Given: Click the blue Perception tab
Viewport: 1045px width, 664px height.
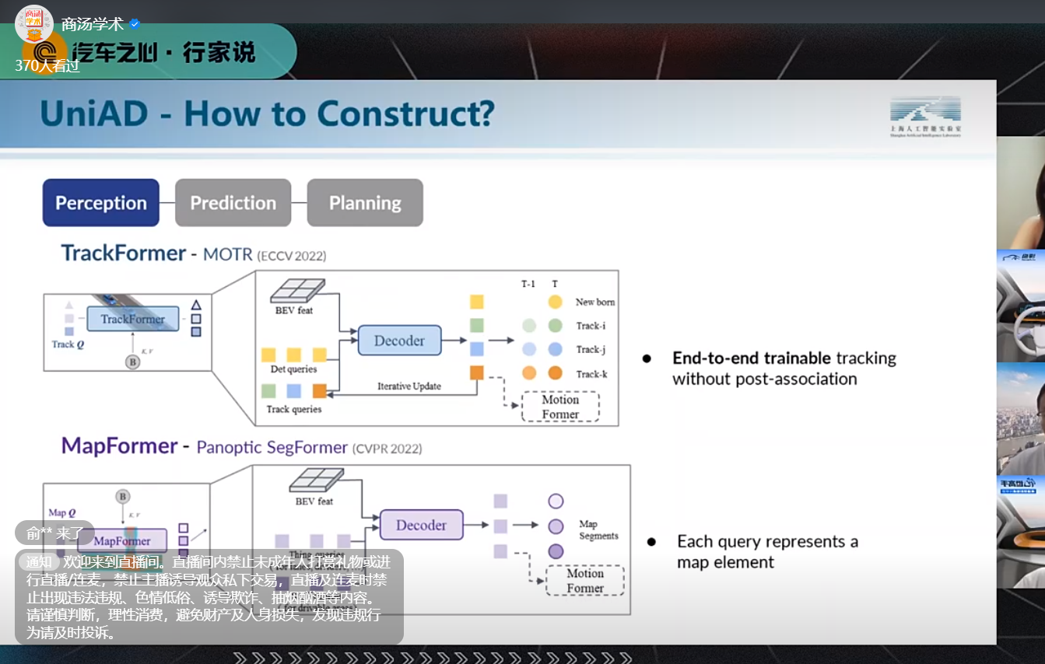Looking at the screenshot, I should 100,203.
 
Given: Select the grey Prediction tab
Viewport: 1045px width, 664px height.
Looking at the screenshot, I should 233,203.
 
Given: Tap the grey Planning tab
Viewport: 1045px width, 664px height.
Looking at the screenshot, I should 365,203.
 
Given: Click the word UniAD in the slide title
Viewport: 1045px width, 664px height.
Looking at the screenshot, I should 94,114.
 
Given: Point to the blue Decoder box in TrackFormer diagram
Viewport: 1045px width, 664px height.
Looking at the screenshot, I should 399,341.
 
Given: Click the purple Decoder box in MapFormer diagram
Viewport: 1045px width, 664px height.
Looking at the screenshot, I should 421,525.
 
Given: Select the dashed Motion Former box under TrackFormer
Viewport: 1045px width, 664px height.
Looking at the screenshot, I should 559,407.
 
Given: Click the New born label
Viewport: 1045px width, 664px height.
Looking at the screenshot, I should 594,302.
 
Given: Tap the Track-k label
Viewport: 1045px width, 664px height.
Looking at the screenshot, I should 591,374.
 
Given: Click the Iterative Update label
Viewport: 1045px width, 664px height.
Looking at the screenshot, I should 409,386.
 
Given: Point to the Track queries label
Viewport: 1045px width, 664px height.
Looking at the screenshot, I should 293,409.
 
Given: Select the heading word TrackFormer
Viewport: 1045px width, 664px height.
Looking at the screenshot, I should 124,253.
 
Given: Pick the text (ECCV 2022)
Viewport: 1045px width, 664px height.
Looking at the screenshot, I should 291,256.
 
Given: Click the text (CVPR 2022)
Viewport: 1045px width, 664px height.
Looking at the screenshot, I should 387,449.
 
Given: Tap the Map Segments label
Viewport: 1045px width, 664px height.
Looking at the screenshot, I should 598,530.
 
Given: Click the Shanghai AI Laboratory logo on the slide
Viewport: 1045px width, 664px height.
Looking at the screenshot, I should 925,117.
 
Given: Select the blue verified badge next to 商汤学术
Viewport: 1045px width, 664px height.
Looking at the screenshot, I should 135,24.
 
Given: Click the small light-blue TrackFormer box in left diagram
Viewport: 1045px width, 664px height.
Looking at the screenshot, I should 132,319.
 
